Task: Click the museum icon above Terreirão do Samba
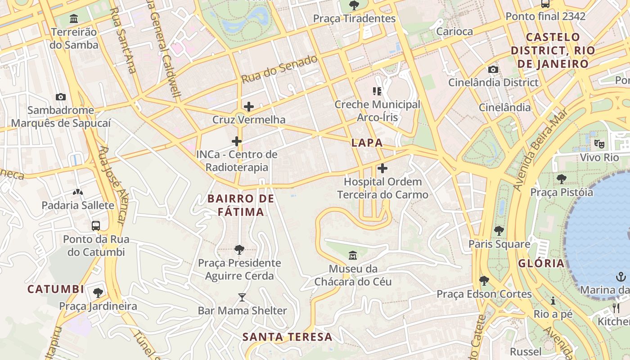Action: pyautogui.click(x=74, y=19)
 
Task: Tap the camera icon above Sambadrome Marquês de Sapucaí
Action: pyautogui.click(x=61, y=97)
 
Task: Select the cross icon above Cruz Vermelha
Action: pyautogui.click(x=248, y=107)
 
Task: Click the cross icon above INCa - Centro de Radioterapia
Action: pyautogui.click(x=237, y=141)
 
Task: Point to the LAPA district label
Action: pyautogui.click(x=367, y=143)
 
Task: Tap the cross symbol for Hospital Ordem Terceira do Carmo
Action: pyautogui.click(x=382, y=169)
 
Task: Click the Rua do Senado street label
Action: pyautogui.click(x=279, y=69)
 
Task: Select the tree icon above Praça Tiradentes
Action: pyautogui.click(x=354, y=5)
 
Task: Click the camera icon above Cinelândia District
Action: pyautogui.click(x=493, y=69)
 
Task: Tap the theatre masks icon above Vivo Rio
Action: pyautogui.click(x=599, y=144)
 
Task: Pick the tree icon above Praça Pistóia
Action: pyautogui.click(x=561, y=179)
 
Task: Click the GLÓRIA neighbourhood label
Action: pyautogui.click(x=541, y=263)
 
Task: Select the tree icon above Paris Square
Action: pyautogui.click(x=499, y=231)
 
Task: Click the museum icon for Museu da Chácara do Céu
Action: pyautogui.click(x=353, y=256)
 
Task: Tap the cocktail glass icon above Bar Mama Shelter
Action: pyautogui.click(x=242, y=297)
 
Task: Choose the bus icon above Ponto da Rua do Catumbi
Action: pyautogui.click(x=96, y=226)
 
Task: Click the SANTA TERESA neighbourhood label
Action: pyautogui.click(x=287, y=337)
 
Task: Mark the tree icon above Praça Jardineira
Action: pyautogui.click(x=98, y=293)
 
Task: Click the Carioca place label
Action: pyautogui.click(x=454, y=31)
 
